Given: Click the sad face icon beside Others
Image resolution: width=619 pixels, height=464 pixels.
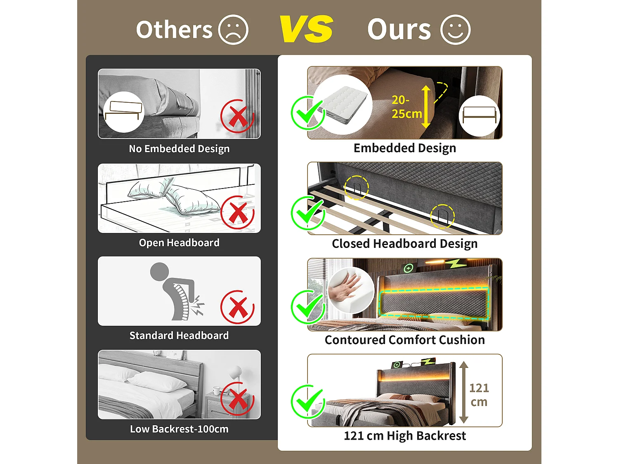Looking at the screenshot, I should coord(233,30).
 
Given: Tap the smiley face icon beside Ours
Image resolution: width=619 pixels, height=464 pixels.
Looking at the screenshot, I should coord(455,30).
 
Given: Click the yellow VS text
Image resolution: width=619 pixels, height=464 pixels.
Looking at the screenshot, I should coord(306,29).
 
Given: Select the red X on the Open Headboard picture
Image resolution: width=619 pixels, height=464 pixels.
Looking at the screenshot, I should coord(237,212).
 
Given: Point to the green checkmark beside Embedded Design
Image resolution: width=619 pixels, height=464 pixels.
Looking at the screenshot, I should coord(307,113).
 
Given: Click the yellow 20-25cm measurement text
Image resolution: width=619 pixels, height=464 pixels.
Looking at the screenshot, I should coord(406,107).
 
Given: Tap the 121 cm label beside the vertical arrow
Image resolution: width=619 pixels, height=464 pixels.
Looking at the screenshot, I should coord(479,395).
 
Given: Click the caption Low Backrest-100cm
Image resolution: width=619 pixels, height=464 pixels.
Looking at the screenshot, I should coord(179,429).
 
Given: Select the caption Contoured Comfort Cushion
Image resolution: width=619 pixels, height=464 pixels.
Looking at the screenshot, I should coord(405,340).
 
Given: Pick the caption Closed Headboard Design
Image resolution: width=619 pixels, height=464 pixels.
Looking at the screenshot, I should coord(405,244).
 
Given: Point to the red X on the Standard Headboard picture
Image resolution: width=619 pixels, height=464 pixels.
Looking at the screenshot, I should coord(237,307).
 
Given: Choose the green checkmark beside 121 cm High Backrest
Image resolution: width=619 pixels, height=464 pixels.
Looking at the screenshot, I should coord(307,401).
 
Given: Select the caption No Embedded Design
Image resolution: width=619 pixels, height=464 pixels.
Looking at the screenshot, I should coord(179,148).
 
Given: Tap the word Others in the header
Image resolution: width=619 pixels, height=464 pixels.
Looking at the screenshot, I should coord(174,30).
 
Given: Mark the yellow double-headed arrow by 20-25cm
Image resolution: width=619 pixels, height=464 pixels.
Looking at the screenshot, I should coord(426,107).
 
